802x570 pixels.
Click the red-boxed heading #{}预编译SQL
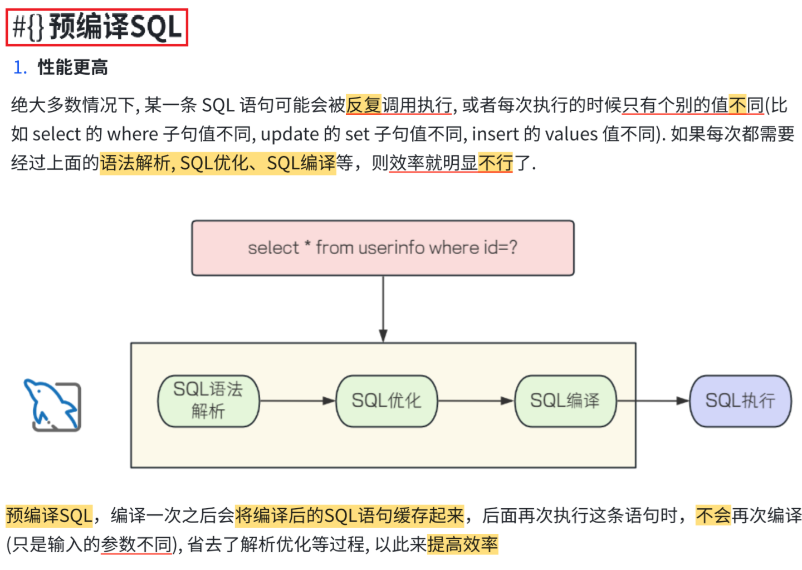(97, 27)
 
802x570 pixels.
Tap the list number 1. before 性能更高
(20, 67)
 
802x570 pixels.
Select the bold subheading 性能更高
(72, 67)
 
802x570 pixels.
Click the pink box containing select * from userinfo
(383, 248)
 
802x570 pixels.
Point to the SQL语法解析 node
(208, 401)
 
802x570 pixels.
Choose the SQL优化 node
(387, 401)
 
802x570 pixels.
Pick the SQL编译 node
(565, 401)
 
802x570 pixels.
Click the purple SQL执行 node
(740, 401)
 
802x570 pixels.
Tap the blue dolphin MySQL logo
(52, 405)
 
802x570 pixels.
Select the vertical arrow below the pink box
(383, 309)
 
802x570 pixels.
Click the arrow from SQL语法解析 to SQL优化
(297, 401)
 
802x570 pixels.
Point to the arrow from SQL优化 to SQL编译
(476, 401)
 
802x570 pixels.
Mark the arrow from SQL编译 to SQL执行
(653, 401)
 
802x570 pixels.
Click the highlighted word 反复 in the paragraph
(363, 105)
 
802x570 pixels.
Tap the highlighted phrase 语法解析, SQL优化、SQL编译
(218, 163)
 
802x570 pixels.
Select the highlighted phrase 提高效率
(462, 544)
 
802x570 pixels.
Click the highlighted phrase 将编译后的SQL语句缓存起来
(349, 515)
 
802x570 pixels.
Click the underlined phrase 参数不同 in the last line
(136, 544)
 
